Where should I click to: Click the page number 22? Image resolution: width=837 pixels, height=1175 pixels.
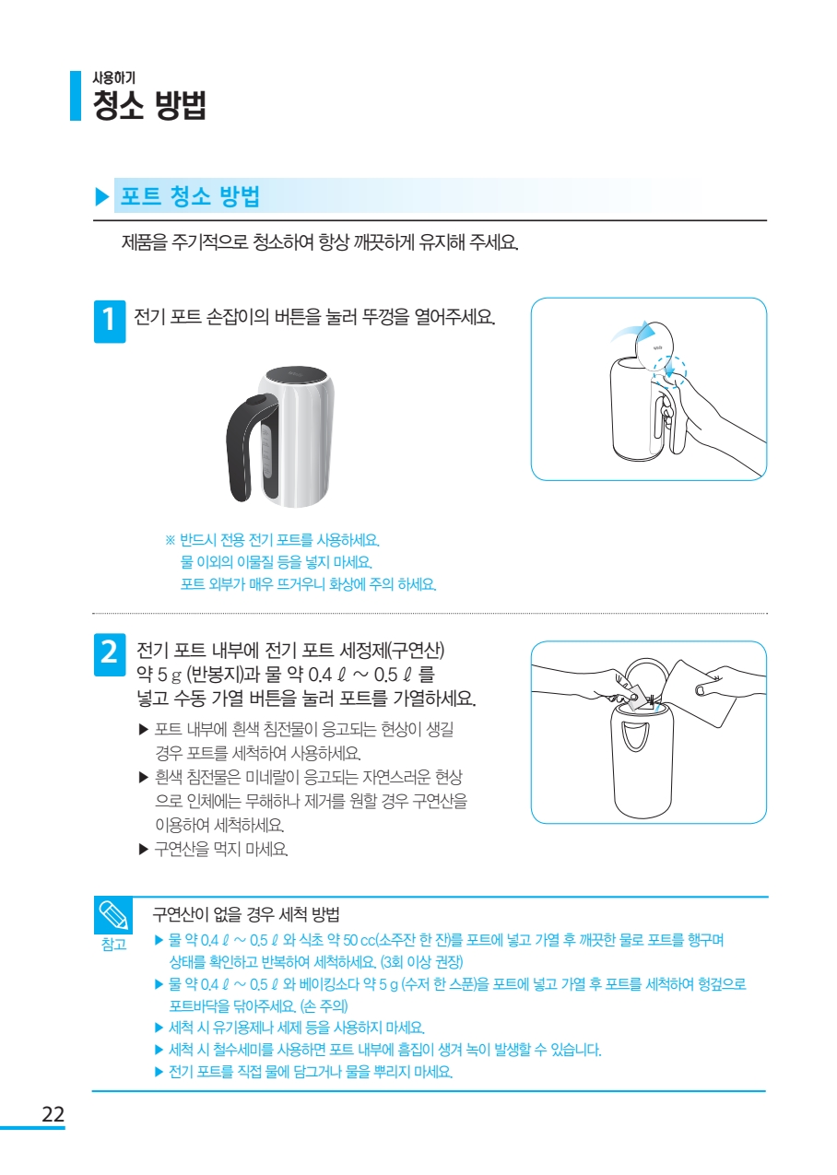53,1113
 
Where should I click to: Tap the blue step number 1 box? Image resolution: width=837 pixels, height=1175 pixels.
110,322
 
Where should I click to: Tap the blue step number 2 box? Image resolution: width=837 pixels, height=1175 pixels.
110,654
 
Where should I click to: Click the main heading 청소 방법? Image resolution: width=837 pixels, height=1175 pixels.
149,105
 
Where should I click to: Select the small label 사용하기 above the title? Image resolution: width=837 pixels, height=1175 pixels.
114,77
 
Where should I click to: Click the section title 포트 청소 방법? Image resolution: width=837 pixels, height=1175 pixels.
191,196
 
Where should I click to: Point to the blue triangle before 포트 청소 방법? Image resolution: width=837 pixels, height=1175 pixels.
101,196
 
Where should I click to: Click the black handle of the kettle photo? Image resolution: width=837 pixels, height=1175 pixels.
244,446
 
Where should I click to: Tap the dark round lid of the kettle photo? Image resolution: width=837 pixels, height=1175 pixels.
296,378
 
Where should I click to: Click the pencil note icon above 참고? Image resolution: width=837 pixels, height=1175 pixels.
113,915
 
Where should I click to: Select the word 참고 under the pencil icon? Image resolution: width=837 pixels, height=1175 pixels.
114,945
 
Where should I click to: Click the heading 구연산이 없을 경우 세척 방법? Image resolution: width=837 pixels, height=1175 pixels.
246,914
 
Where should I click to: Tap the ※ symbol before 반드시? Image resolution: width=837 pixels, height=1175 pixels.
170,540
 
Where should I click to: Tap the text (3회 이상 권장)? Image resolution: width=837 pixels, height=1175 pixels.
422,961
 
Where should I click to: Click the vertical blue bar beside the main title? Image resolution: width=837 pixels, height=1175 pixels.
76,96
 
